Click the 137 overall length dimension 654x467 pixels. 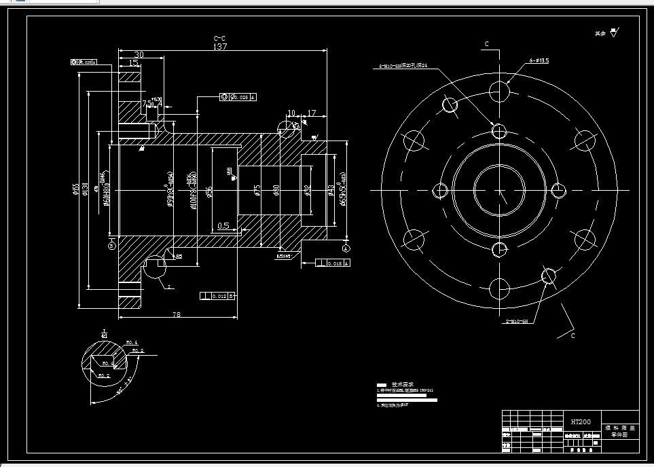[x=219, y=47]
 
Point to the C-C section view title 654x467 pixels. [x=219, y=39]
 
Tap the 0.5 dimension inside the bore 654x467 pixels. [x=223, y=225]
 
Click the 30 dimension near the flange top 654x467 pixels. [x=139, y=54]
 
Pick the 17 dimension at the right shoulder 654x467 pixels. [x=312, y=113]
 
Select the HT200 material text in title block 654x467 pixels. [x=580, y=422]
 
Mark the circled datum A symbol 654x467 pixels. [x=346, y=248]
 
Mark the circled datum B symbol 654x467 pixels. [x=111, y=246]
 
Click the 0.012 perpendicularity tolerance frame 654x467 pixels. [x=217, y=296]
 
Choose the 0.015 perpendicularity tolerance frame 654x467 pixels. [x=333, y=263]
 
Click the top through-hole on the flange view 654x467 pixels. [x=500, y=91]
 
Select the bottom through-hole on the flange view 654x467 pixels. [x=500, y=289]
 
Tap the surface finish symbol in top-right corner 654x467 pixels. [x=614, y=32]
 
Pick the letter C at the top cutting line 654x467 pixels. [x=486, y=43]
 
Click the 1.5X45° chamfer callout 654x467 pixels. [x=283, y=257]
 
